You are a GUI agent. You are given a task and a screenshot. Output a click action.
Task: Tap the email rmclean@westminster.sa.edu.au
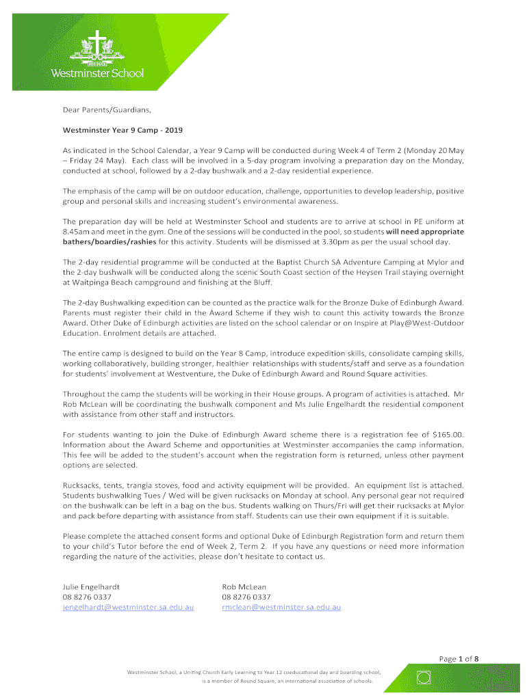pos(281,607)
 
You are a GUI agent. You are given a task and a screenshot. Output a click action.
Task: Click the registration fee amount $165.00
pos(448,434)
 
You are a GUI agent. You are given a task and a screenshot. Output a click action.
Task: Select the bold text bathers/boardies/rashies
pos(110,242)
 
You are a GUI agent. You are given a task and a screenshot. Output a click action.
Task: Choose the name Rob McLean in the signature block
pos(244,587)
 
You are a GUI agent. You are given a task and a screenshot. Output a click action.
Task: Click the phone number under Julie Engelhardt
pos(87,597)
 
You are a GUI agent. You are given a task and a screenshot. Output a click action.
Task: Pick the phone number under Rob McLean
pos(246,597)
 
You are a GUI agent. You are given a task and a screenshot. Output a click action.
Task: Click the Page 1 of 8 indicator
pos(459,659)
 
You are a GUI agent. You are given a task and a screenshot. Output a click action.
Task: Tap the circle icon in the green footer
pos(424,677)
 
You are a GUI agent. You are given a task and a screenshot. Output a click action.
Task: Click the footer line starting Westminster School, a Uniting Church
pos(253,673)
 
